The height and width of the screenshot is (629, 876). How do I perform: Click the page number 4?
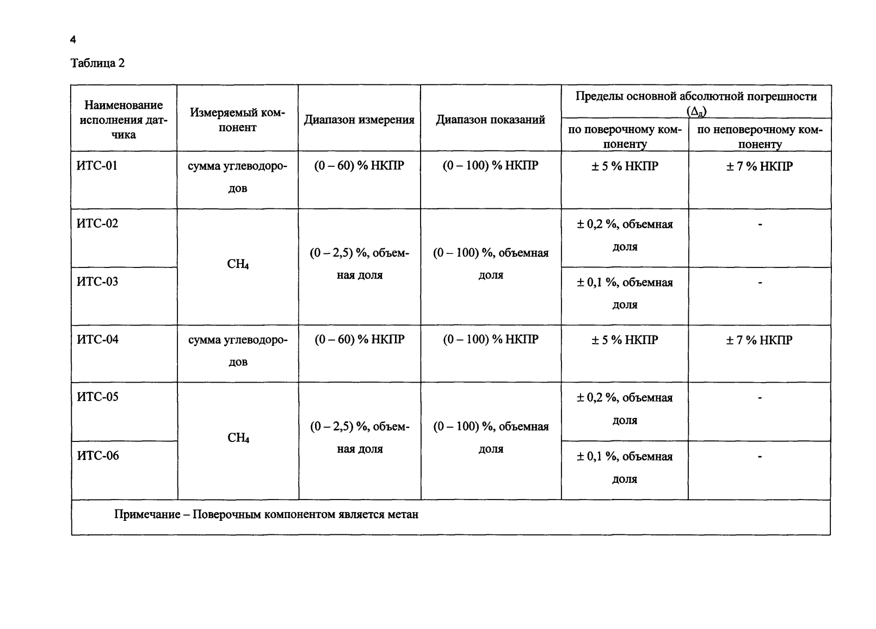tap(73, 40)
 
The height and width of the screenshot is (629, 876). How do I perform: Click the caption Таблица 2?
tap(98, 64)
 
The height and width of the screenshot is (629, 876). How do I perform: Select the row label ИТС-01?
tap(97, 165)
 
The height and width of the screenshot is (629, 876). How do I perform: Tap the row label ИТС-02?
tap(97, 223)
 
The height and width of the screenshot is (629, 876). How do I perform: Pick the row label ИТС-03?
tap(97, 282)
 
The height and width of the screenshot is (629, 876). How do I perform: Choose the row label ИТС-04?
tap(97, 339)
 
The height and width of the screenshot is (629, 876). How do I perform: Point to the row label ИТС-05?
tap(97, 397)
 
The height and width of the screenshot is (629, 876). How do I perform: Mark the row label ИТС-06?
tap(98, 456)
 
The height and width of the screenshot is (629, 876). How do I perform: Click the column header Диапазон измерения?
tap(359, 120)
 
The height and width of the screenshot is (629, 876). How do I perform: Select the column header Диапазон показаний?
tap(490, 120)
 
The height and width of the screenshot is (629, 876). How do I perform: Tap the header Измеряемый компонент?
tap(237, 120)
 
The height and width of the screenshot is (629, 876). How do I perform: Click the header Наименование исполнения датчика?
tap(124, 120)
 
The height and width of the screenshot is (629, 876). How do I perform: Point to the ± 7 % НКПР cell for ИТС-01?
tap(759, 166)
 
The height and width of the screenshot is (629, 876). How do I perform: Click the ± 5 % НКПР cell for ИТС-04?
tap(625, 340)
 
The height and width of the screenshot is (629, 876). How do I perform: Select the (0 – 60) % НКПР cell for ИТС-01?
tap(359, 165)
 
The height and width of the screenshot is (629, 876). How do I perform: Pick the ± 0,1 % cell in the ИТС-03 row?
tap(625, 293)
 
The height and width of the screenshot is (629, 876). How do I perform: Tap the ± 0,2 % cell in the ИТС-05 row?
tap(625, 409)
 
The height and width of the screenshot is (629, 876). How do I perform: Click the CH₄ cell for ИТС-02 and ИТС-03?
tap(238, 265)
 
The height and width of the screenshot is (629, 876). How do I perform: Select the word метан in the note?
tap(403, 514)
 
